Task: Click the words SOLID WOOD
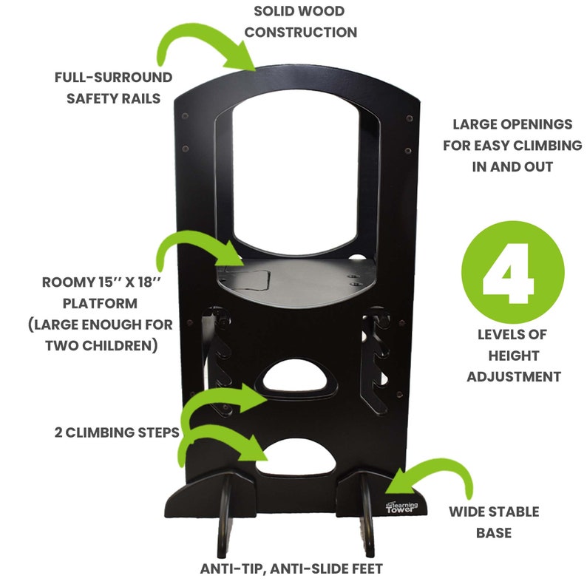tap(299, 12)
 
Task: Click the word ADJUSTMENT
tap(513, 376)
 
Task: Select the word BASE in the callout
tap(494, 532)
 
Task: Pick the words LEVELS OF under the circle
tap(513, 335)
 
